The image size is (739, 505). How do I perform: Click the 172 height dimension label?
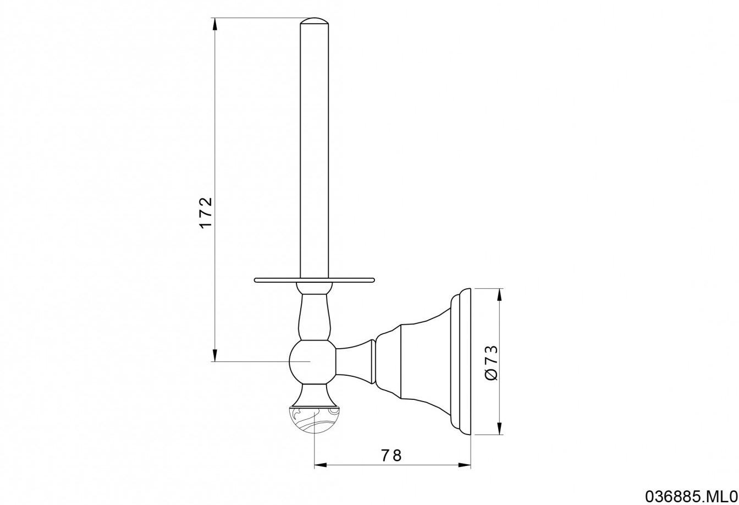205,212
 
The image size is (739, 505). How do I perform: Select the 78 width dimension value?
391,455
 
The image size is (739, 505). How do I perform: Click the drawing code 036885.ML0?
691,496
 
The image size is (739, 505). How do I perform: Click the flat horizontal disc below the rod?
315,280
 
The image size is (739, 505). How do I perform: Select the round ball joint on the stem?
312,361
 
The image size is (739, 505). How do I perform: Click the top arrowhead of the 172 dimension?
215,24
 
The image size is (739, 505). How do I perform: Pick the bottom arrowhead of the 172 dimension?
215,355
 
